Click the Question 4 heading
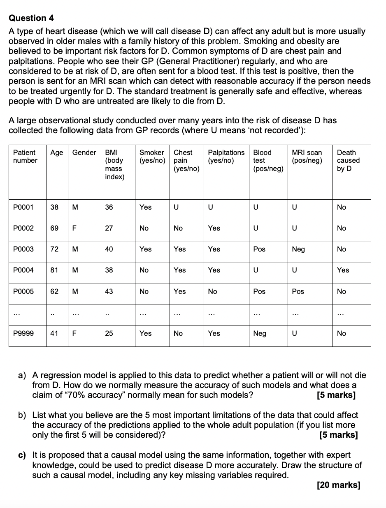pos(31,18)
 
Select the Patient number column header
pos(25,157)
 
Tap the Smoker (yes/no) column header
pos(152,157)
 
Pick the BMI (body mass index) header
pos(114,164)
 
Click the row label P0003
pos(23,249)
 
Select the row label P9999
pos(23,333)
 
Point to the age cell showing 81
pos(54,270)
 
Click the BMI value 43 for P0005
pos(109,291)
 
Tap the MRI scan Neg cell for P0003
pos(298,249)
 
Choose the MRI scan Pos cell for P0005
pos(298,291)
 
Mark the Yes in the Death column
pos(343,270)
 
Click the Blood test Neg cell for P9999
pos(260,333)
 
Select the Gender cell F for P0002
pos(74,228)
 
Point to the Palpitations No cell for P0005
pos(213,291)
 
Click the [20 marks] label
pos(339,485)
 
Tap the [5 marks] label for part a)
pos(336,395)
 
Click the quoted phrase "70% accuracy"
pos(82,395)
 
